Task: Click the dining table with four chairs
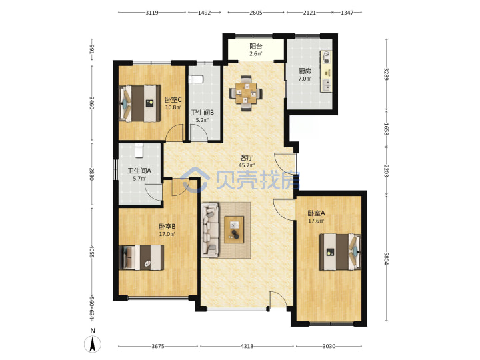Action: pos(246,93)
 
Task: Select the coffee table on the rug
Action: pos(234,229)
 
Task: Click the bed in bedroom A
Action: pos(340,252)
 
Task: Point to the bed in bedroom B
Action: pos(141,257)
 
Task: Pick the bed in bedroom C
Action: pos(140,103)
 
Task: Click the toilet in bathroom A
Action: pos(139,150)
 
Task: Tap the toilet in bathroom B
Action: pos(196,79)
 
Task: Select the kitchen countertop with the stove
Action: pos(326,71)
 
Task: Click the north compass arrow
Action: pos(93,344)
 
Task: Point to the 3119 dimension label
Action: pos(152,13)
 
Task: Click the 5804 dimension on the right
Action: pos(386,259)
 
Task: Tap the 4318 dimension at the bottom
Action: pos(247,346)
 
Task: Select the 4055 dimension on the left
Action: pos(91,251)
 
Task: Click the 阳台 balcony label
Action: pos(256,47)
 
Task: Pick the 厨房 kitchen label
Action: pos(305,71)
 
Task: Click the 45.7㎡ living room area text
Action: pos(247,165)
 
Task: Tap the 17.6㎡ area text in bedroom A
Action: pos(316,221)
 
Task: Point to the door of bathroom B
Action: pos(199,133)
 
